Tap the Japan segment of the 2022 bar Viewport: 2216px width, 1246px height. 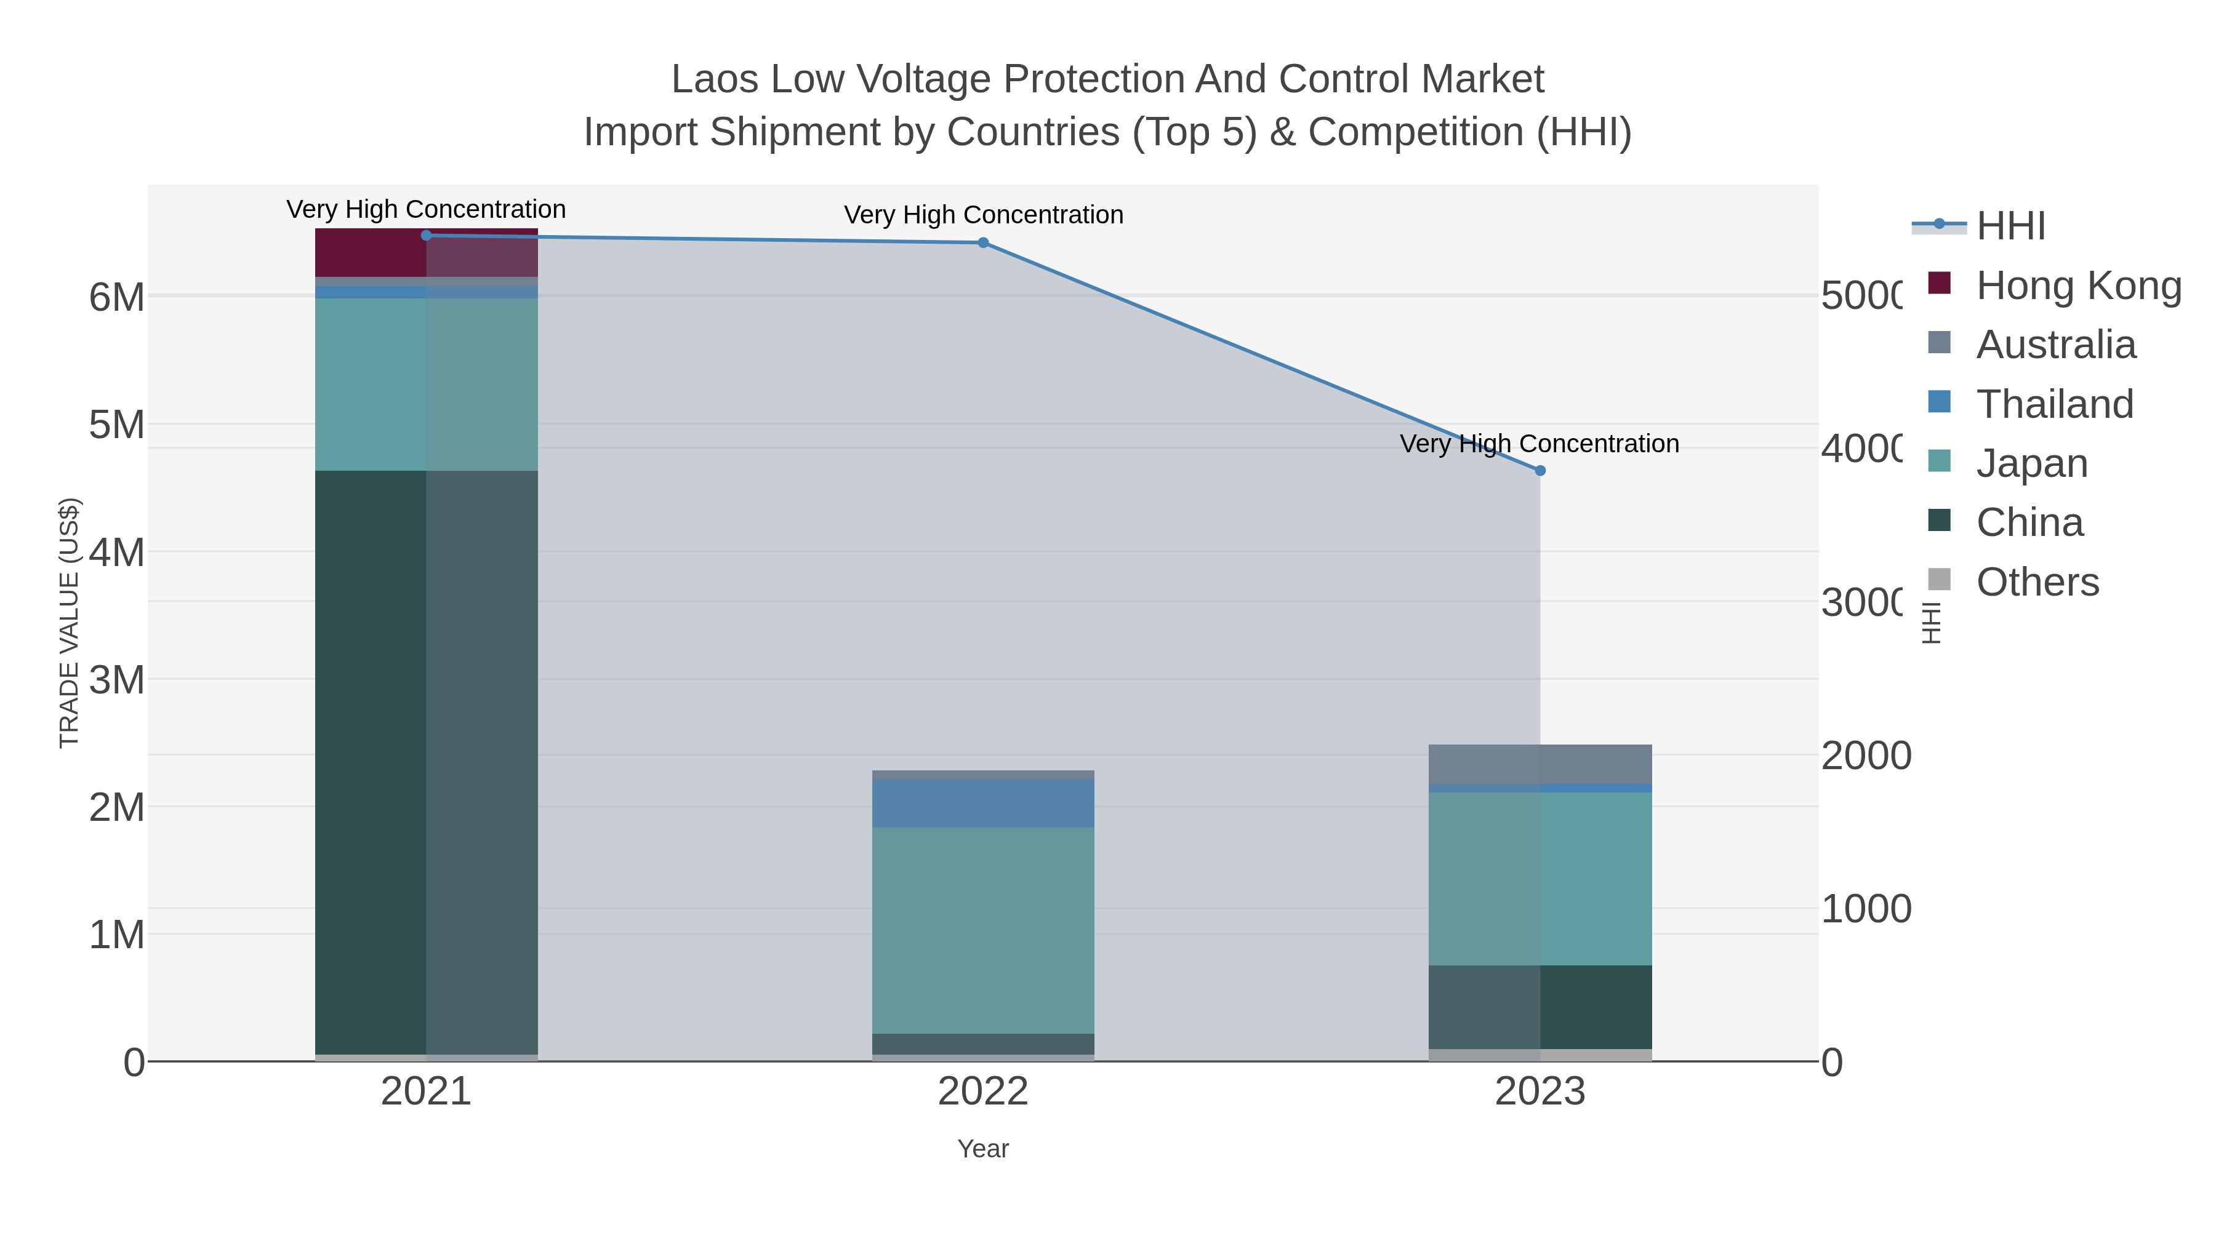(x=983, y=930)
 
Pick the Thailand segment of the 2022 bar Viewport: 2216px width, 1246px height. (x=983, y=803)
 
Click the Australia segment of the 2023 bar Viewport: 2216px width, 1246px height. (x=1540, y=764)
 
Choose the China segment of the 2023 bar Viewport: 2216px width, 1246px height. (x=1540, y=1006)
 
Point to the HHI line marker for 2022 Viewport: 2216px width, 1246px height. (x=983, y=242)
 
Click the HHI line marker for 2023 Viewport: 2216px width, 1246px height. (x=1540, y=470)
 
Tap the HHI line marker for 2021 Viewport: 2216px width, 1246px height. (x=426, y=235)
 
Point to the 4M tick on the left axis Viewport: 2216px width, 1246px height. (x=117, y=552)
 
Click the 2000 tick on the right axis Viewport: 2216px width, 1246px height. (x=1865, y=755)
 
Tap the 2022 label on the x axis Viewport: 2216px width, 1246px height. (x=983, y=1091)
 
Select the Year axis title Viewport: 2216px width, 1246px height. (x=983, y=1148)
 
